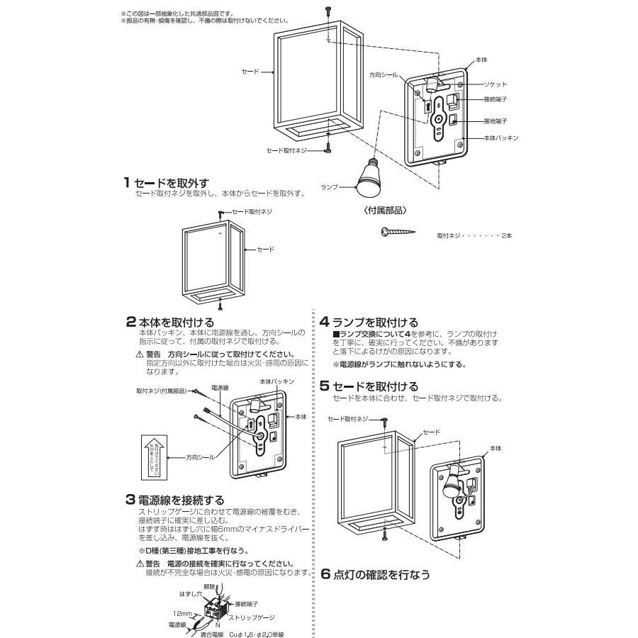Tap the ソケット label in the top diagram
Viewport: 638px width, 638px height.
pyautogui.click(x=496, y=84)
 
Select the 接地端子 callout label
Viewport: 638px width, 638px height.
pyautogui.click(x=496, y=121)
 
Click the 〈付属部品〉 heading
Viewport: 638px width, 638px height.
pyautogui.click(x=385, y=211)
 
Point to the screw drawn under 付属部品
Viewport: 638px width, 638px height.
pyautogui.click(x=398, y=232)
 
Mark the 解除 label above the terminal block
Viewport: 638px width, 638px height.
pyautogui.click(x=209, y=587)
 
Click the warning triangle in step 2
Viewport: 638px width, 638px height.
pyautogui.click(x=139, y=354)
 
